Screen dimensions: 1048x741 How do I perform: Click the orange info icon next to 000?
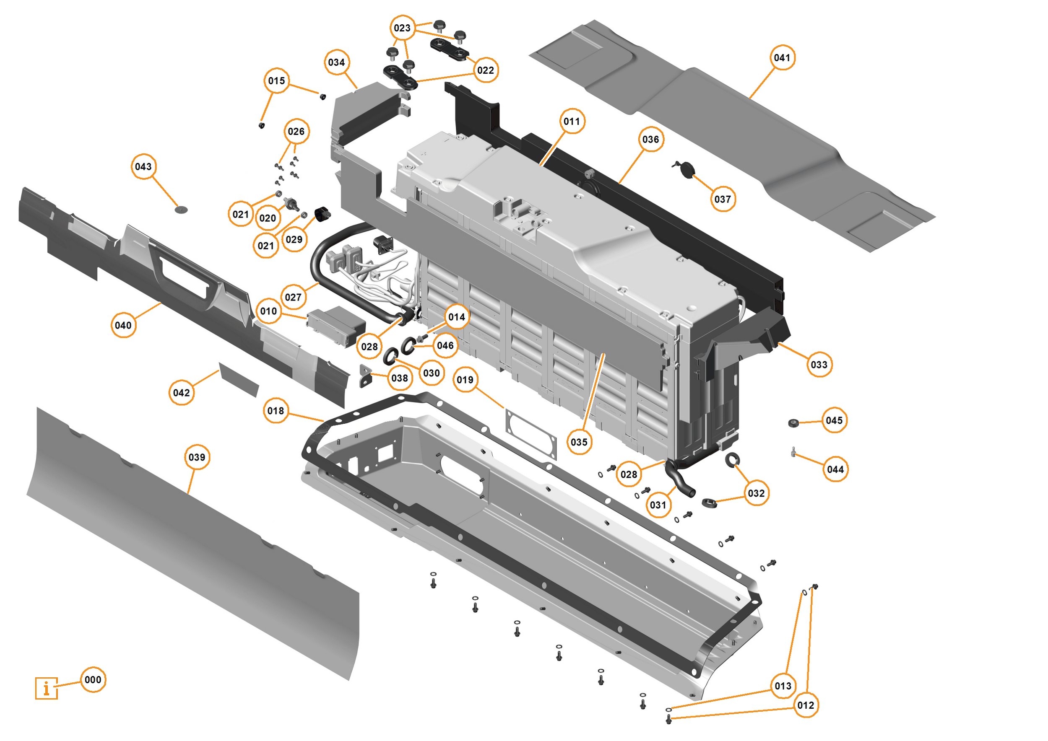tap(47, 688)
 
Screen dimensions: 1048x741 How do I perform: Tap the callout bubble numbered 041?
tap(782, 57)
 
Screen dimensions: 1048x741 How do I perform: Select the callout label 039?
tap(197, 457)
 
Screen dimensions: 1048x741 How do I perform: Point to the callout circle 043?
tap(143, 166)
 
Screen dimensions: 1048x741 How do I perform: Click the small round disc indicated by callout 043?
tap(181, 210)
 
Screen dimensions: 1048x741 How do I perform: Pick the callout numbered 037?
tap(723, 199)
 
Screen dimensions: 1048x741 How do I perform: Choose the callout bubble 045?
tap(834, 420)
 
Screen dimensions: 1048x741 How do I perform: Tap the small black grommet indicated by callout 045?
tap(794, 423)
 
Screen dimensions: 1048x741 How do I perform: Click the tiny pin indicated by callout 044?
tap(794, 452)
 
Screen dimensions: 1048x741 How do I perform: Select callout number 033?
tap(819, 365)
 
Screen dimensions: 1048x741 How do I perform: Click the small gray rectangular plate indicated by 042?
tap(239, 380)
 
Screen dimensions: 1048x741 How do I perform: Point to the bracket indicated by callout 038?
tap(366, 376)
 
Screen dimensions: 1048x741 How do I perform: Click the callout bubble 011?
tap(572, 122)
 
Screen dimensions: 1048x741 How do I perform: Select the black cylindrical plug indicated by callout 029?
tap(323, 215)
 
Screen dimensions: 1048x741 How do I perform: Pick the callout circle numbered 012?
tap(806, 705)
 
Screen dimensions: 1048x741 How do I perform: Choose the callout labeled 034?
tap(336, 62)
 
